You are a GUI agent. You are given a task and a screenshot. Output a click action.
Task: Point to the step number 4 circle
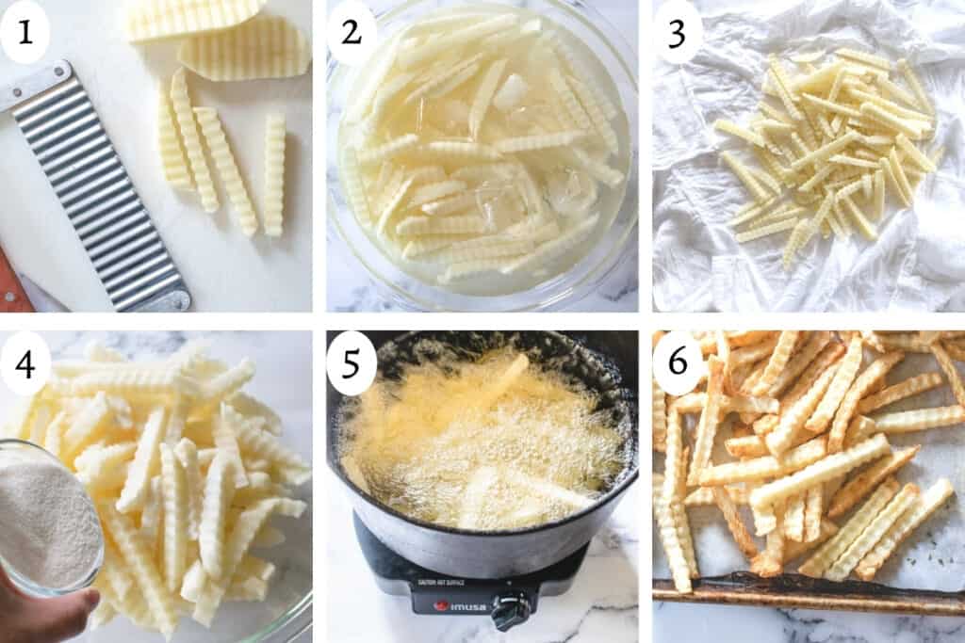point(25,363)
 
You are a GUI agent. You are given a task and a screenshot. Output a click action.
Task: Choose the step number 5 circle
point(351,363)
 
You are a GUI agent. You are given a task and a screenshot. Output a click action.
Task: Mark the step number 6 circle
point(678,363)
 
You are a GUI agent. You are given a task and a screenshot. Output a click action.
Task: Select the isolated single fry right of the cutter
point(274,174)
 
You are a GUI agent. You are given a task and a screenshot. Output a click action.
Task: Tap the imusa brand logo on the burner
point(462,604)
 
